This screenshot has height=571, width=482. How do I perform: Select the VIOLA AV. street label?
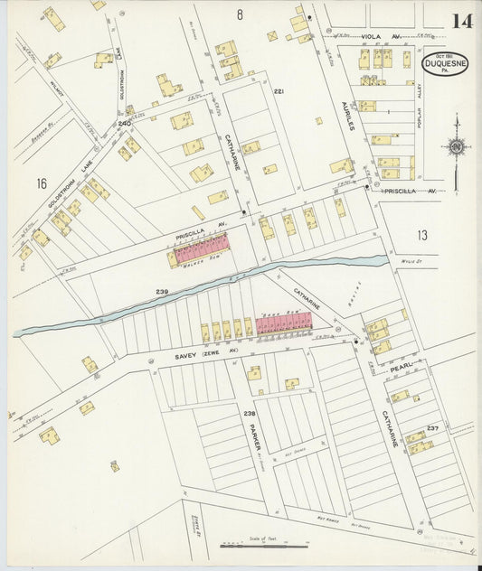coord(380,37)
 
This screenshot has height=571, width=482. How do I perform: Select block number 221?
coord(279,92)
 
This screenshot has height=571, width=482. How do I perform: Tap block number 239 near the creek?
coord(162,292)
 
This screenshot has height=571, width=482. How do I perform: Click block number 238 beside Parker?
coord(250,412)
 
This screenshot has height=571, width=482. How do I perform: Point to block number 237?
coord(433,427)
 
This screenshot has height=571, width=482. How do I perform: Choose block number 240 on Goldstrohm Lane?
coord(124,123)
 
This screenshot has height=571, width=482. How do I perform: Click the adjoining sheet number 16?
coord(41,183)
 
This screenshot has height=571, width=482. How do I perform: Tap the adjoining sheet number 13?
coord(421,235)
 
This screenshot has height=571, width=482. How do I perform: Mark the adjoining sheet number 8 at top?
coord(240,14)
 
